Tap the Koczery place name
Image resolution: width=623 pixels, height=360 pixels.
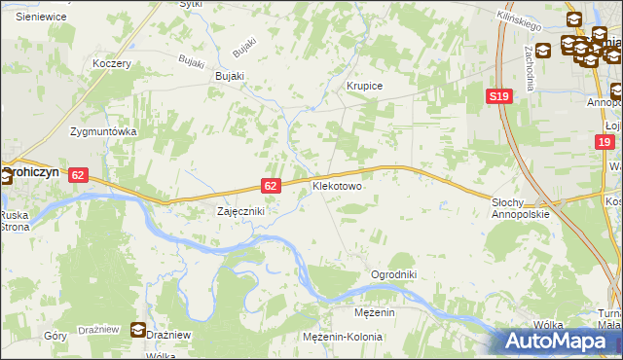tap(111, 63)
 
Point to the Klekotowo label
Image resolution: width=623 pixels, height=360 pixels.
tap(337, 185)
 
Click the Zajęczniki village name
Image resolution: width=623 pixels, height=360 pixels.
tap(239, 210)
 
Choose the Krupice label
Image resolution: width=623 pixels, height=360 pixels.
tap(365, 87)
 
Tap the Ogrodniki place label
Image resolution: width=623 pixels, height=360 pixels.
tap(393, 275)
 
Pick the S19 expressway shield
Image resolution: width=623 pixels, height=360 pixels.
tap(499, 96)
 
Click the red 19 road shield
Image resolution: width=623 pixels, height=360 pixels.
tap(605, 143)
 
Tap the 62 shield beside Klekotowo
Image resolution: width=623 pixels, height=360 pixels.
tap(272, 185)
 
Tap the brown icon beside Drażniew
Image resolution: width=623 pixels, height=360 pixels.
tap(139, 332)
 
